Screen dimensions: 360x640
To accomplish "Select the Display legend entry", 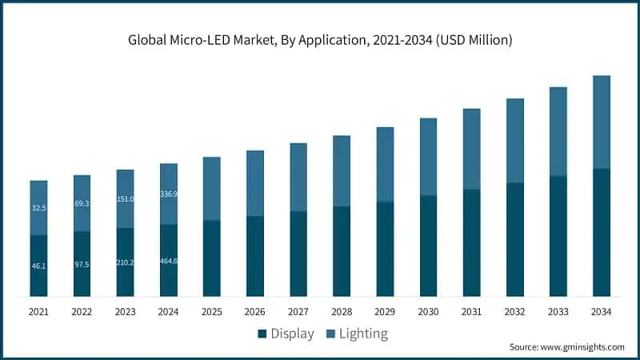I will [286, 333].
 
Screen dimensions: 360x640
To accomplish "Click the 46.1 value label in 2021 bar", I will [38, 264].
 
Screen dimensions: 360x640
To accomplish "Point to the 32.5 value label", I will [38, 208].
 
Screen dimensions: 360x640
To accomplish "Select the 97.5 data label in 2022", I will [82, 264].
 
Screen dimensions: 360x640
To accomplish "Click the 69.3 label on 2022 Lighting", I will [82, 204].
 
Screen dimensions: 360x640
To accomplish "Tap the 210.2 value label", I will [125, 262].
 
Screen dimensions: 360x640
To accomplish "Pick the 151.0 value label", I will [125, 199].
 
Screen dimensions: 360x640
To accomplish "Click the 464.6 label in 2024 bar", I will [169, 262].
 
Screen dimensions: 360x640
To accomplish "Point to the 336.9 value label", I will [169, 194].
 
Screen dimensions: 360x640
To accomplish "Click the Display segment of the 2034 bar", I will [601, 232].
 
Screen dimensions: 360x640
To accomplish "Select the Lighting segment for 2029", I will [385, 164].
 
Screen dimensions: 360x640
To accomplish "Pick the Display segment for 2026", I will [255, 256].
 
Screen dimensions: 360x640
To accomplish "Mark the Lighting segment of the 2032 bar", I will [514, 141].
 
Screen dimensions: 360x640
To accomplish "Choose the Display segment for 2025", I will [212, 258].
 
